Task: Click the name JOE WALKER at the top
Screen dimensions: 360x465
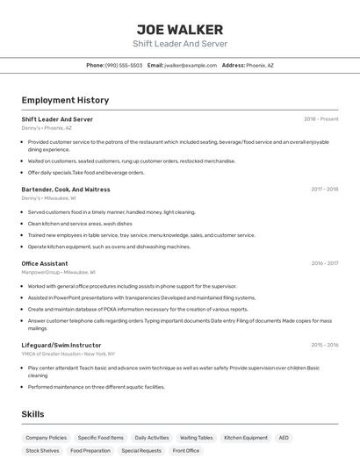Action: (179, 30)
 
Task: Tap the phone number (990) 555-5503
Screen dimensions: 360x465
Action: (124, 65)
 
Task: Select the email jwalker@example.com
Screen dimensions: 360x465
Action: (190, 65)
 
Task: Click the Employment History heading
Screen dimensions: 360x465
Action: (65, 100)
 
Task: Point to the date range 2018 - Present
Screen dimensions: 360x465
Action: (320, 119)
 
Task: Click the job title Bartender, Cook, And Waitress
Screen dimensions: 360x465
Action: (66, 189)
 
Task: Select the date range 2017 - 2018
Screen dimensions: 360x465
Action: (324, 189)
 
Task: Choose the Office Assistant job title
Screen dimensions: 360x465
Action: (45, 263)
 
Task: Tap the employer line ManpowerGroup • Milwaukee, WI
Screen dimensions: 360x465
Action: (60, 272)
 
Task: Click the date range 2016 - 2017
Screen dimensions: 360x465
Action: (324, 263)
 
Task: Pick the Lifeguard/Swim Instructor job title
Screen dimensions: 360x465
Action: (61, 345)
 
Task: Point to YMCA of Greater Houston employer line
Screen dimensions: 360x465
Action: (68, 354)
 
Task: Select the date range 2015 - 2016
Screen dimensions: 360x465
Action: (324, 345)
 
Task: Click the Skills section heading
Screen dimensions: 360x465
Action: (33, 414)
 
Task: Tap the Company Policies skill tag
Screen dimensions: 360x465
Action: (46, 437)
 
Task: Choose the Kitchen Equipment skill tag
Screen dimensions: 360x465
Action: (246, 437)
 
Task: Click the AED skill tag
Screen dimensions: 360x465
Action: (284, 437)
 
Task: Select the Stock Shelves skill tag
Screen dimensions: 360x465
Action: (42, 450)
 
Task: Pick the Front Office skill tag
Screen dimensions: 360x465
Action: (186, 450)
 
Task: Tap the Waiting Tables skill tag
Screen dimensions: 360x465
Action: (197, 437)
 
